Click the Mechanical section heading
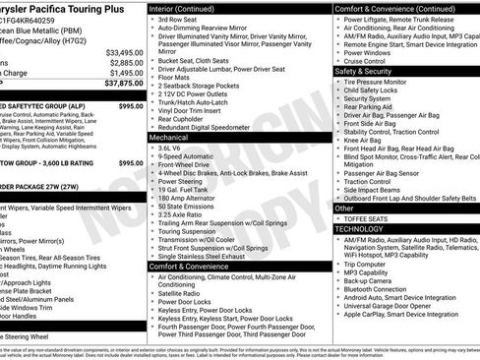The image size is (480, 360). click(x=169, y=139)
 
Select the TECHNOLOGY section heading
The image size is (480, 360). click(x=358, y=227)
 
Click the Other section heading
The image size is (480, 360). click(x=344, y=209)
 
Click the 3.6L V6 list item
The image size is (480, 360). click(x=169, y=150)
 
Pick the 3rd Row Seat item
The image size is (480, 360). click(x=177, y=19)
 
